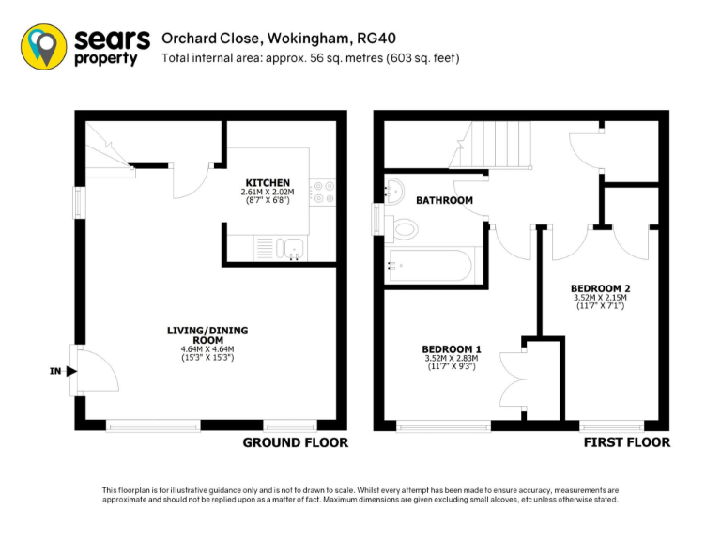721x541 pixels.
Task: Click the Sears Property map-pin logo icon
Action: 44,46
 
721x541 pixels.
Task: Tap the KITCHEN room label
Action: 268,182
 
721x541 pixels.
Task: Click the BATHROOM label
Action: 444,200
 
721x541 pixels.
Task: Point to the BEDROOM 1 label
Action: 452,348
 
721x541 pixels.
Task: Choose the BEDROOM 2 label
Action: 600,287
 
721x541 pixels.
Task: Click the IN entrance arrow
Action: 71,371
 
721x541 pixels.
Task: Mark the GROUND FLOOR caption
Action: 295,442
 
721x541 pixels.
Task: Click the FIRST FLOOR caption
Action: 627,442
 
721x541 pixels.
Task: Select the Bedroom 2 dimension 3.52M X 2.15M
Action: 600,299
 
